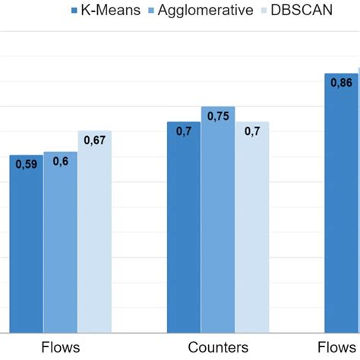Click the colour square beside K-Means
(x=74, y=11)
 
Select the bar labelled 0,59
(x=26, y=251)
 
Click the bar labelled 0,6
(x=60, y=251)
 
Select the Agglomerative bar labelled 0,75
(x=218, y=228)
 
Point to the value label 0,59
(x=27, y=165)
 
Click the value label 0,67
(x=94, y=141)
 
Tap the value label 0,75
(x=218, y=116)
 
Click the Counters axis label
(x=218, y=347)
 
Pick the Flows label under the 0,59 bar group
(x=60, y=347)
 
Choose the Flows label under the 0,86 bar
(x=341, y=347)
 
